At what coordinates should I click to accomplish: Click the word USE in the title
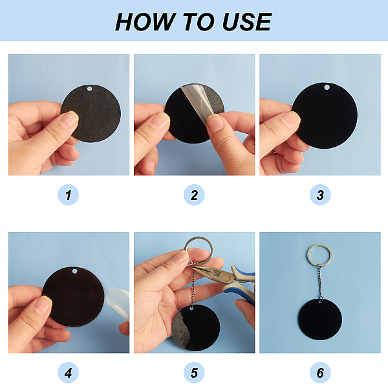(x=247, y=22)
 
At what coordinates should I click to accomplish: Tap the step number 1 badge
(x=69, y=195)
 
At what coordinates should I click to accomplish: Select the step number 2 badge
(x=194, y=195)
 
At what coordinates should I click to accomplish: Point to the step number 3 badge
(x=320, y=195)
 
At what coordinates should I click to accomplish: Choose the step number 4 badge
(x=69, y=372)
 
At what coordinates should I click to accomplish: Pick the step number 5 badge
(x=194, y=372)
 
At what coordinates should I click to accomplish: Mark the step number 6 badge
(x=320, y=372)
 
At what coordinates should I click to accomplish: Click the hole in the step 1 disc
(x=90, y=89)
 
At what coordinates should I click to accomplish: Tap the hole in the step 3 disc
(x=327, y=87)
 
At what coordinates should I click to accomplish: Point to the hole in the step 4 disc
(x=74, y=272)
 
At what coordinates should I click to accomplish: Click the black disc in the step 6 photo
(x=320, y=319)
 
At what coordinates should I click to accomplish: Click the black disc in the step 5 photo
(x=196, y=328)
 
